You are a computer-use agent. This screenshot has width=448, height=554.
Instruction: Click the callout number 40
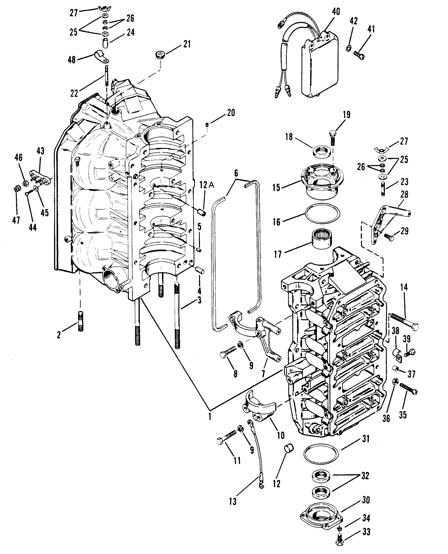tap(336, 12)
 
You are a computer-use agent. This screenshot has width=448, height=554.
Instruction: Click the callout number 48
tap(72, 60)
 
